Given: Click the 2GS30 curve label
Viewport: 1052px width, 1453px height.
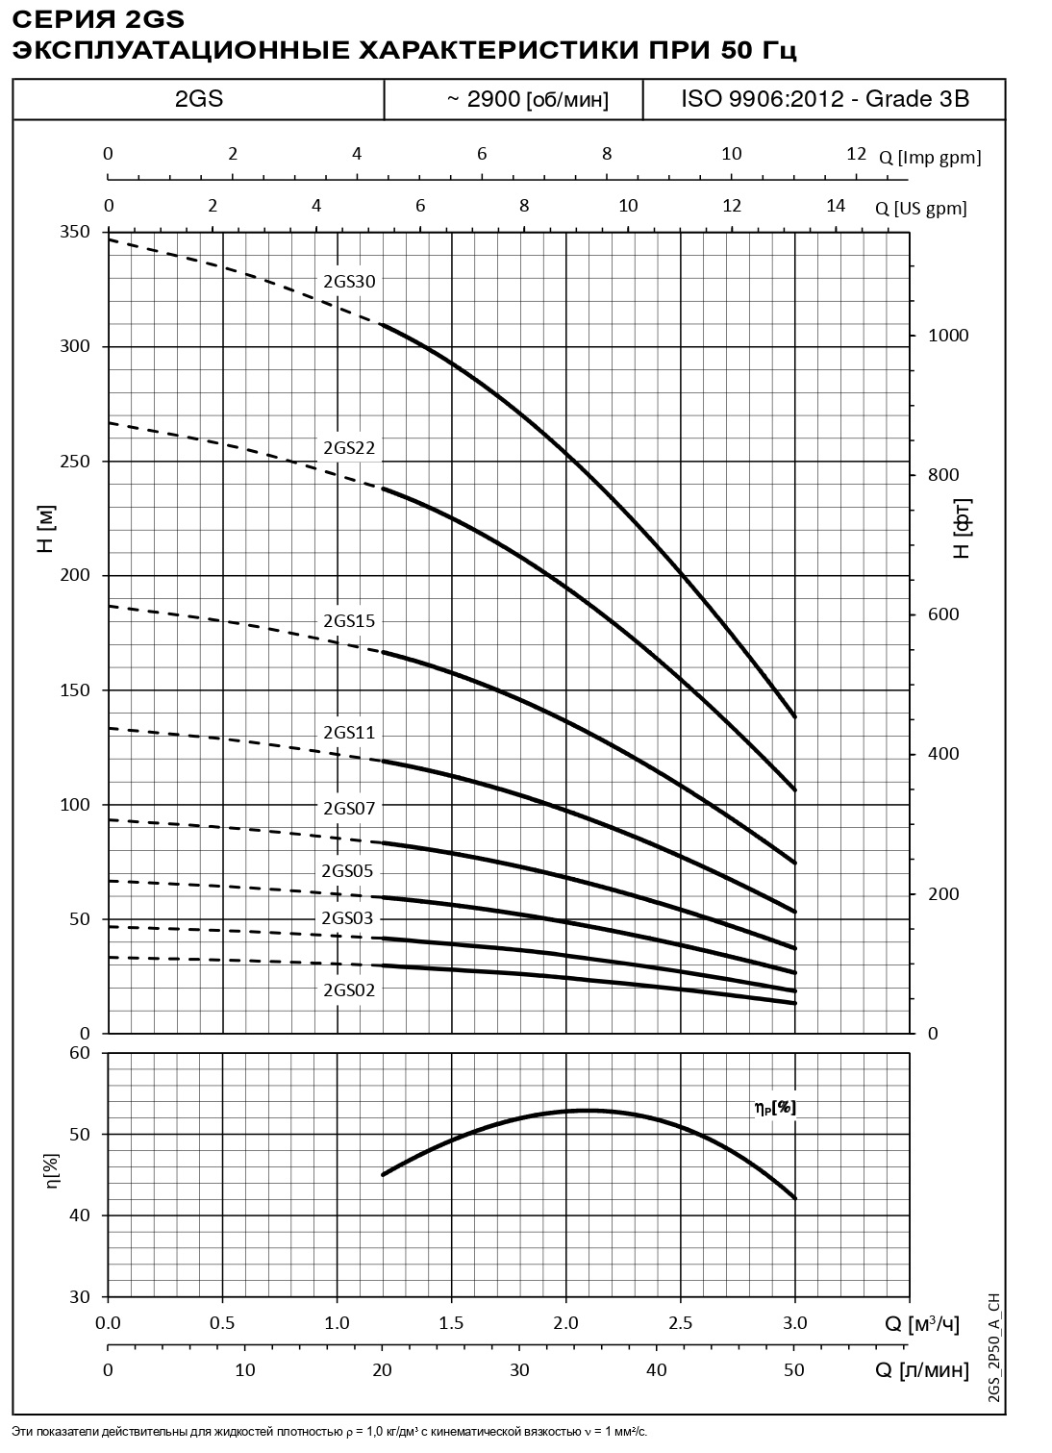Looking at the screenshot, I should tap(349, 282).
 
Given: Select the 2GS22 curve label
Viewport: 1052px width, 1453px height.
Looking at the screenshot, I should tap(349, 448).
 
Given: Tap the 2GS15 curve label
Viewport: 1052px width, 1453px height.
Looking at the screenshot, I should tap(349, 621).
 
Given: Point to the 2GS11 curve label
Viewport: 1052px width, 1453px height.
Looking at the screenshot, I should tap(349, 733).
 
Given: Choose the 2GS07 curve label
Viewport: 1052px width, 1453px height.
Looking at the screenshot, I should tap(349, 808).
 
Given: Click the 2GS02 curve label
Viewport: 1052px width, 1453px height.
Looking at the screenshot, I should tap(348, 990).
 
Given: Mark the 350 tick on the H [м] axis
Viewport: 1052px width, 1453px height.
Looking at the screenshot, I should tap(76, 232).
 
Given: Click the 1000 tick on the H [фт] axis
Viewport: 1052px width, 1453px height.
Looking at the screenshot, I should tap(949, 336).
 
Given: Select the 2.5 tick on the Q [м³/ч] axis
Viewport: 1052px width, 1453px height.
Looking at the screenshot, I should tap(681, 1323).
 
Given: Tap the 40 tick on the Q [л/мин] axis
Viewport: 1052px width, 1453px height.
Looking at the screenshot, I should tap(657, 1369).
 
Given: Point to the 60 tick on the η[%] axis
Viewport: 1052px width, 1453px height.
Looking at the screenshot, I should tap(80, 1053).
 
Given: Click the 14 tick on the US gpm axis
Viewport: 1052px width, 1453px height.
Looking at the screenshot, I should tap(836, 205).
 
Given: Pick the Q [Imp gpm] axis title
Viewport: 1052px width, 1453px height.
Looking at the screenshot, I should tap(930, 158).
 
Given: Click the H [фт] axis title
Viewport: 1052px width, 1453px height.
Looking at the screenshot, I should tap(962, 528).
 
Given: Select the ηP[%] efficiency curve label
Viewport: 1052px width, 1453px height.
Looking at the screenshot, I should tap(775, 1108).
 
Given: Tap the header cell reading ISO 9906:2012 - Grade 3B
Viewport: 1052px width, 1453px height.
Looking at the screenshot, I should tap(824, 99).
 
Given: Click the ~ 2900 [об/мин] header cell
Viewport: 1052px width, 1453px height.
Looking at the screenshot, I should tap(513, 99).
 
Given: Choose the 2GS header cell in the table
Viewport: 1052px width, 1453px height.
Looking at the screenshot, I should tap(199, 99).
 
